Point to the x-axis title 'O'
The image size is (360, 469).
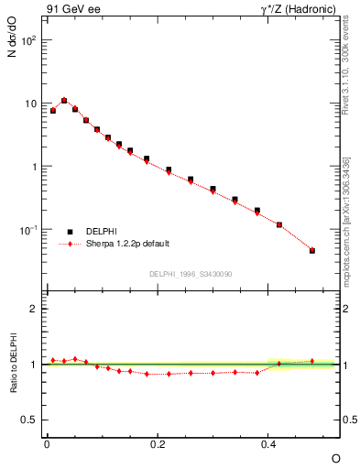click(x=335, y=457)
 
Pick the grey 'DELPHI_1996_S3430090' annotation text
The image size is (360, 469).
click(x=190, y=274)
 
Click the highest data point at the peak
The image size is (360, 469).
click(x=64, y=101)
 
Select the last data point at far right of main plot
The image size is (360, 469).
click(x=312, y=250)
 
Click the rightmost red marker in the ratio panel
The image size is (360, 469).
click(x=312, y=361)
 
